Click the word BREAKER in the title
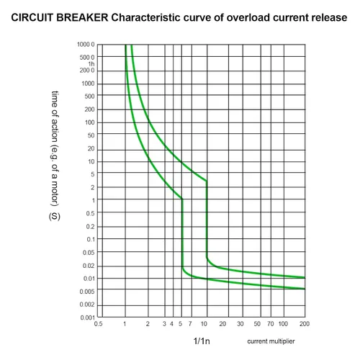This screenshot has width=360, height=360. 82,17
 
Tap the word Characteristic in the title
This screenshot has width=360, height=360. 145,17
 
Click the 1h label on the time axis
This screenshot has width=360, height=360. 91,64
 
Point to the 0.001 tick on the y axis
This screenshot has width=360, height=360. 88,318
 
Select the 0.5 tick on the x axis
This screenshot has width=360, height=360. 98,324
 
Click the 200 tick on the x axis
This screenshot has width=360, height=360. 305,324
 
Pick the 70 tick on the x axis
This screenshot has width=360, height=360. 271,324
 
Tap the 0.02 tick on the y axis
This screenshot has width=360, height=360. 89,266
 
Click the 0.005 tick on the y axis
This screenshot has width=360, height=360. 87,292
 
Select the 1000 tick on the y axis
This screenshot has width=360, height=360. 88,84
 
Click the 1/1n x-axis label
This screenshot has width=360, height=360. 202,341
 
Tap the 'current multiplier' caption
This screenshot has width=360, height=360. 271,341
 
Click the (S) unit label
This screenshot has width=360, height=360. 55,217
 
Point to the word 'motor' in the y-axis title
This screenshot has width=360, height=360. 55,192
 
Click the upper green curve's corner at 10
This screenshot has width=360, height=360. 207,181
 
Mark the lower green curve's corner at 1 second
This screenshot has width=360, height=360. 182,199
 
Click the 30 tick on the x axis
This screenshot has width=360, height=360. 240,324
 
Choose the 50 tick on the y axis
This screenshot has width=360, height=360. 91,135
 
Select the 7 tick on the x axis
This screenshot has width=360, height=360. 190,324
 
